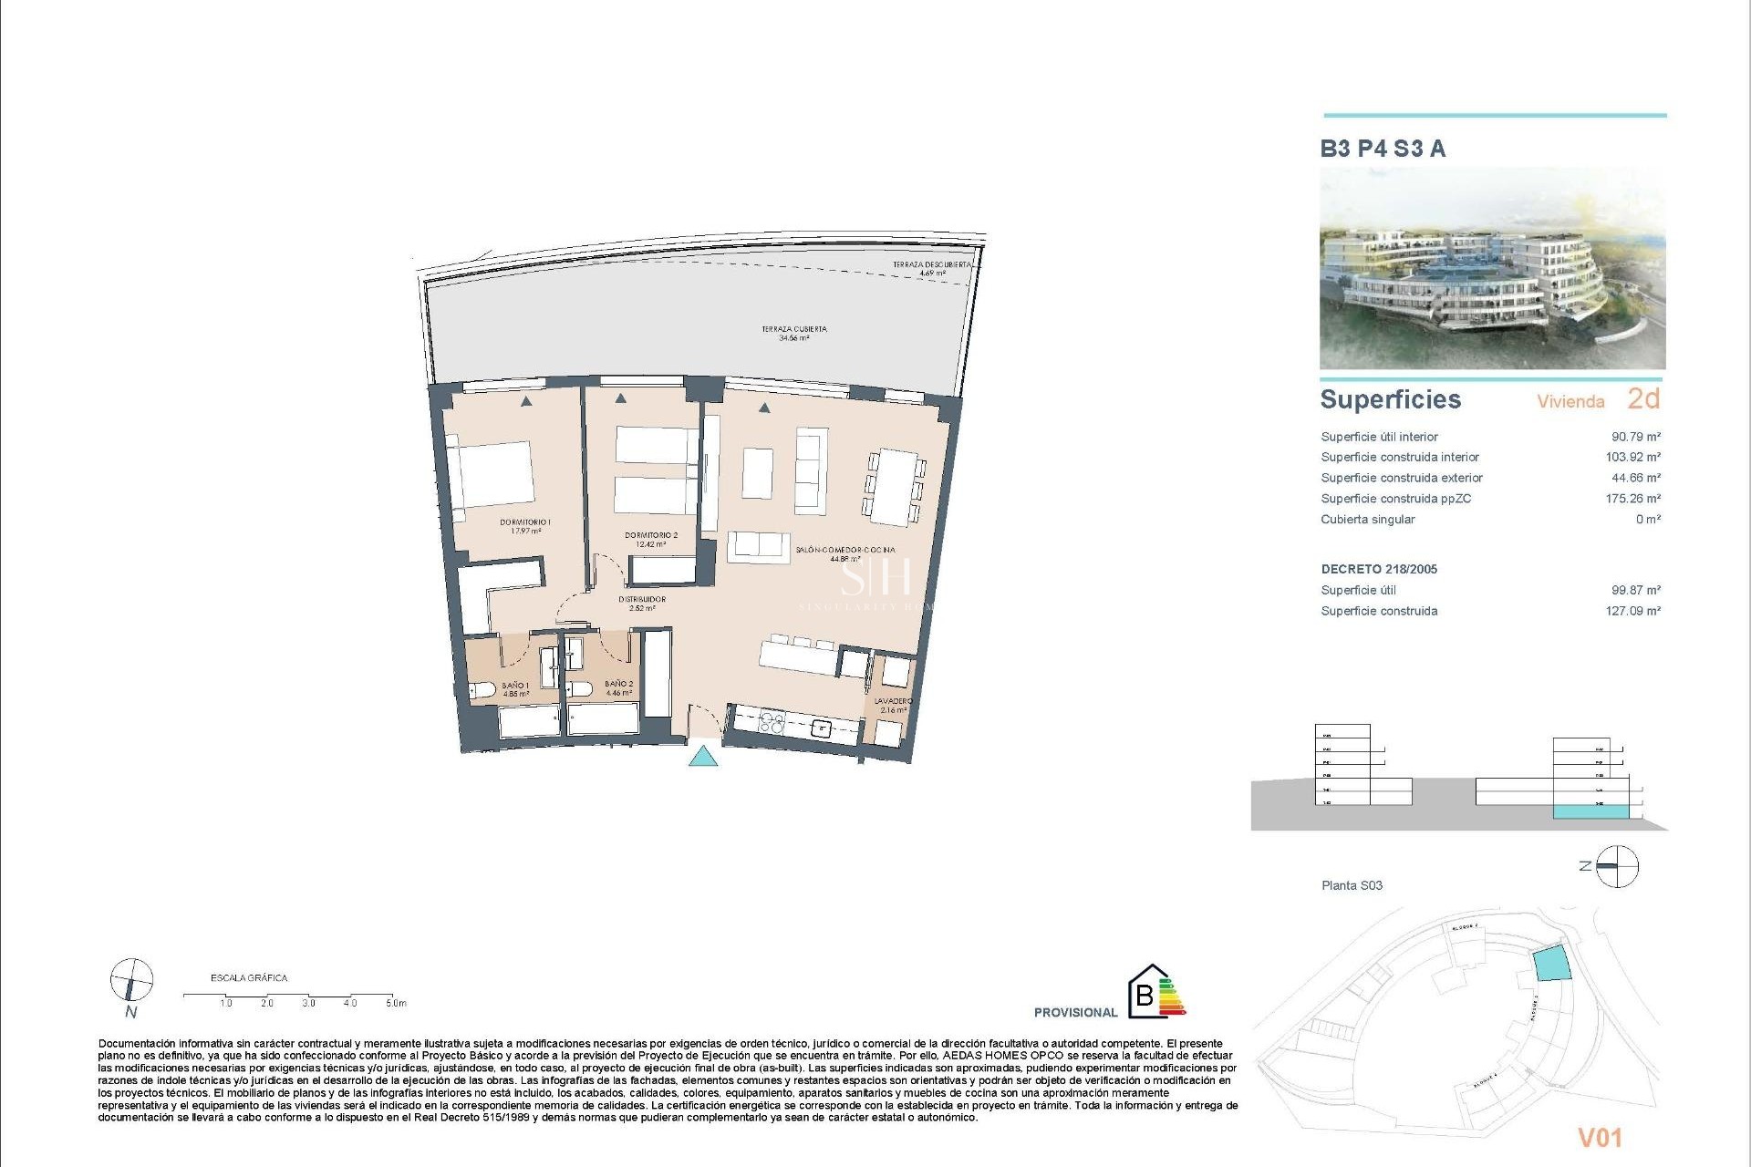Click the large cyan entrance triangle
tap(702, 756)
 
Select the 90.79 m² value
tap(1635, 437)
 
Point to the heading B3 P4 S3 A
tap(1383, 149)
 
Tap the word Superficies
tap(1390, 399)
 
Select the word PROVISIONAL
tap(1075, 1012)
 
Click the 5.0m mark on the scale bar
tap(395, 1003)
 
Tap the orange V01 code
tap(1600, 1137)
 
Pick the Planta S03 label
tap(1352, 885)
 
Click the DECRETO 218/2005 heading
tap(1379, 569)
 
